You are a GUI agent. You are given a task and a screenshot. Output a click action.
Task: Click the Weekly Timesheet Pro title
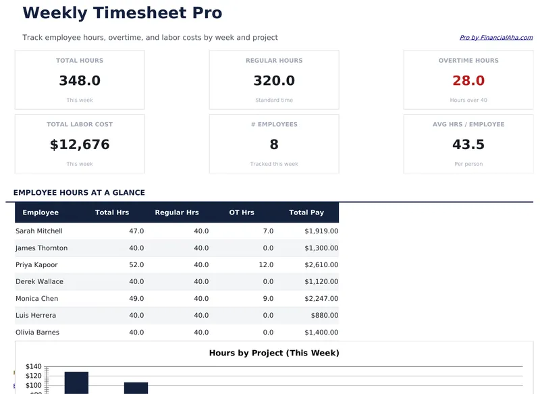click(x=122, y=13)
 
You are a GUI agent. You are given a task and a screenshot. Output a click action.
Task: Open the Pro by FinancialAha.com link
click(x=495, y=38)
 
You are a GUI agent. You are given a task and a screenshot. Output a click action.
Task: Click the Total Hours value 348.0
click(x=80, y=81)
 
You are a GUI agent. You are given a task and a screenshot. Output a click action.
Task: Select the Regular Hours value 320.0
click(x=274, y=81)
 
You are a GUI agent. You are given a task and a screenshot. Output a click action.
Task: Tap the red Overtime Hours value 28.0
click(x=468, y=81)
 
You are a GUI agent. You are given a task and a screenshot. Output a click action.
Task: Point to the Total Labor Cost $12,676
click(x=80, y=145)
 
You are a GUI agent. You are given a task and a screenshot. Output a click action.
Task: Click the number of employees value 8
click(x=274, y=145)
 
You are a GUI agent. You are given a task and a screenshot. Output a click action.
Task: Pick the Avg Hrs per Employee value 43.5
click(x=468, y=145)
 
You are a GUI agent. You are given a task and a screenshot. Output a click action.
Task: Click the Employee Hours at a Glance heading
click(x=79, y=193)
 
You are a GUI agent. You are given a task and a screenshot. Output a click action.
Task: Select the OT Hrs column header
click(x=242, y=212)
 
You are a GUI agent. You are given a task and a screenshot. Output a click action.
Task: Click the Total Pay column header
click(x=306, y=212)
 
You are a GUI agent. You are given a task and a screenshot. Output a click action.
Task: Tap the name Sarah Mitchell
click(x=38, y=231)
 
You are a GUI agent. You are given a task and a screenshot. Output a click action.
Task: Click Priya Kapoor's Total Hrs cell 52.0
click(x=136, y=265)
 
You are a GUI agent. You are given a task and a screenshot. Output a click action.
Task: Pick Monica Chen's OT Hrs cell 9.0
click(x=266, y=299)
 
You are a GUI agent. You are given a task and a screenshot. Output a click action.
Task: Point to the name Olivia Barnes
click(x=37, y=333)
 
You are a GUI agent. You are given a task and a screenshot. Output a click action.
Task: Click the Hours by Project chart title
click(x=274, y=353)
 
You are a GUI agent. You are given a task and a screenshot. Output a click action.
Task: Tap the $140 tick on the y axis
click(x=34, y=367)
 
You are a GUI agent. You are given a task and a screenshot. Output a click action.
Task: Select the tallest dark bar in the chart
click(x=76, y=382)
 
